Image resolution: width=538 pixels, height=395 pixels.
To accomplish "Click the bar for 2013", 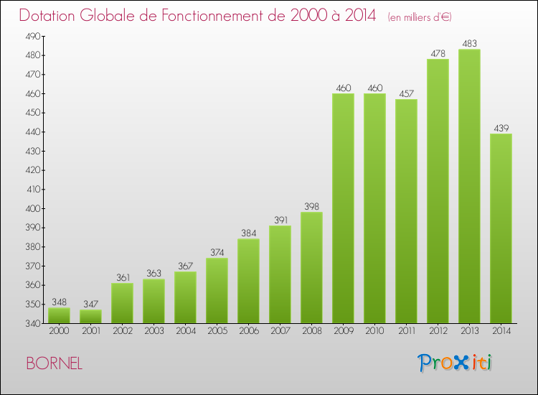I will click(469, 186).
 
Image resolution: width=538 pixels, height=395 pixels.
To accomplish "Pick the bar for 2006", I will click(248, 281).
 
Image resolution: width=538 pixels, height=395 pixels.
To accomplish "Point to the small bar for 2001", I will click(90, 316).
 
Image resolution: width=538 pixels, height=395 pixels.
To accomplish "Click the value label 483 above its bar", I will click(469, 44).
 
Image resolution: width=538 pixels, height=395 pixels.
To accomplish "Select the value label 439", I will click(501, 129).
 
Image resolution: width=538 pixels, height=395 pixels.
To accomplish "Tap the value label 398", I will click(311, 207).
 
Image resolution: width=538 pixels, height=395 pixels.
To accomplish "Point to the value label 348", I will click(59, 302).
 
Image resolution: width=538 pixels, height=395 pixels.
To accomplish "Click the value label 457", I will click(406, 94).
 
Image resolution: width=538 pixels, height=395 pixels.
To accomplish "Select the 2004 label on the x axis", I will click(185, 332).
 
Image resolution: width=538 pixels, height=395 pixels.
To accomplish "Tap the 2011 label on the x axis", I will click(406, 332).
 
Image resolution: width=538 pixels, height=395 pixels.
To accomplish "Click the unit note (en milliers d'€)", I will click(420, 17).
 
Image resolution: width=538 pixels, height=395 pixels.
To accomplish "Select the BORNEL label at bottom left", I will click(54, 364).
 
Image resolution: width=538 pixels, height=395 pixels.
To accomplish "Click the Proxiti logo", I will click(455, 363).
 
